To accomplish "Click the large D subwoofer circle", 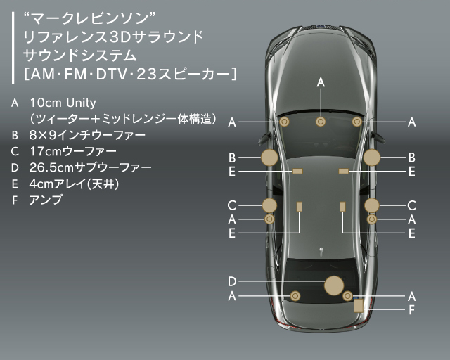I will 334,285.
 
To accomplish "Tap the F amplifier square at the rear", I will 359,305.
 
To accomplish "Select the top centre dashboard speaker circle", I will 321,122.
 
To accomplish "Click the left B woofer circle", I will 269,157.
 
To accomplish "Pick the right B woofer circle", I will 372,157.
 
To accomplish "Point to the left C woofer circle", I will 269,205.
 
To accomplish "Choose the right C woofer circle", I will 372,205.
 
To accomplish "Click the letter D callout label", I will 232,282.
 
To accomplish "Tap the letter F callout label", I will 412,309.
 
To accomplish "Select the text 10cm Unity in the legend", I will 63,103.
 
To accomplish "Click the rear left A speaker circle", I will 295,296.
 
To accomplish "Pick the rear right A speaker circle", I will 347,296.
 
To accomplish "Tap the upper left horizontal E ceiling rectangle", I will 297,171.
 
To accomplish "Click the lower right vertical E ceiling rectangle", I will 343,206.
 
